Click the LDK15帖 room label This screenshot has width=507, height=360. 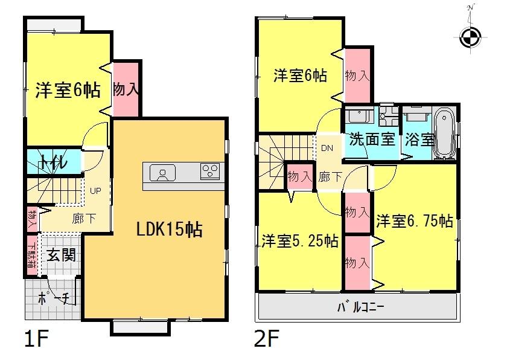pyautogui.click(x=168, y=230)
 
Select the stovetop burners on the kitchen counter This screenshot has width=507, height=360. pyautogui.click(x=211, y=172)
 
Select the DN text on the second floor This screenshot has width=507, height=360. pyautogui.click(x=327, y=148)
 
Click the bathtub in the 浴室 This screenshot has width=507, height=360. pyautogui.click(x=444, y=134)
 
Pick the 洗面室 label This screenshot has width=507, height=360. pyautogui.click(x=371, y=139)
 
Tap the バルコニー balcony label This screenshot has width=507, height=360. pyautogui.click(x=360, y=307)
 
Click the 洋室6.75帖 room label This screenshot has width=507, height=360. pyautogui.click(x=414, y=221)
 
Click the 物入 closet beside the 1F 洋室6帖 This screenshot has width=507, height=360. pyautogui.click(x=126, y=89)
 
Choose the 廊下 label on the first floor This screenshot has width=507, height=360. pyautogui.click(x=83, y=219)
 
